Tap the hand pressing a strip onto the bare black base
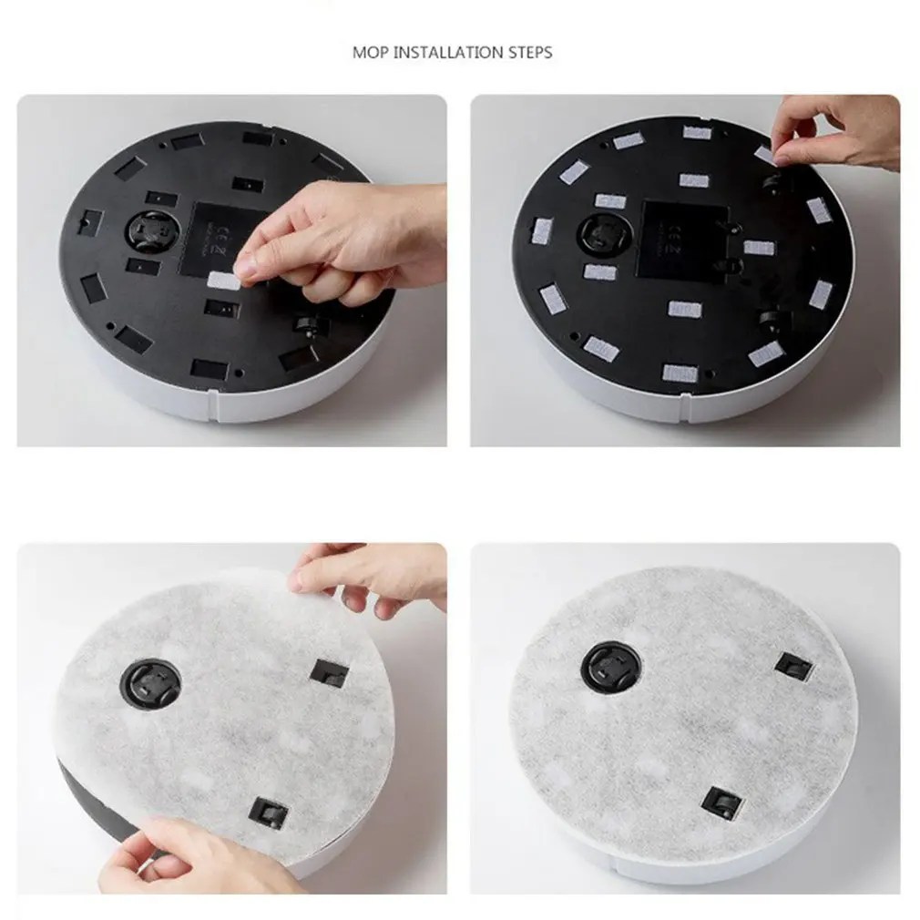pos(346,241)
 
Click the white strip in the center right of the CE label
pos(758,248)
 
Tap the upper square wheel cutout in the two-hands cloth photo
pos(329,672)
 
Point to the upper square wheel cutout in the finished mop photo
pos(792,664)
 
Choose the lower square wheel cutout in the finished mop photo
pos(720,801)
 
